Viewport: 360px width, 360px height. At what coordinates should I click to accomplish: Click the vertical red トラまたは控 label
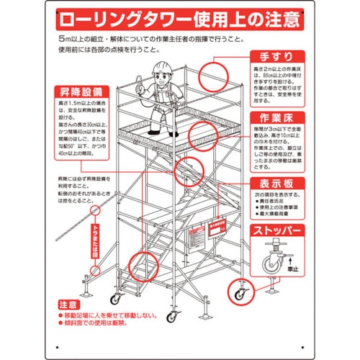tap(94, 241)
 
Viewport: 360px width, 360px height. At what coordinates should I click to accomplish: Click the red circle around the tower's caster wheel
tap(236, 292)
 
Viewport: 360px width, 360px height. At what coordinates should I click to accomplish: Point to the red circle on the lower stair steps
tap(141, 269)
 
